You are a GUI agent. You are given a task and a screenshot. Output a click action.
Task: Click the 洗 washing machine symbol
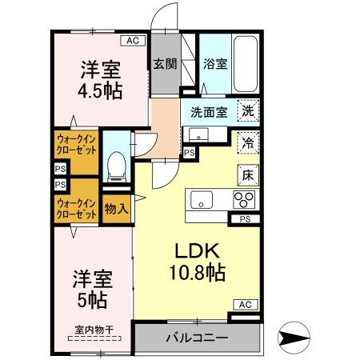coord(249,113)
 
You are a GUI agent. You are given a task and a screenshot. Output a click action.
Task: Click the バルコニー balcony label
coord(196,338)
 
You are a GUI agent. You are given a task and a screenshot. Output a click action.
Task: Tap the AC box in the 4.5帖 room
coord(132,39)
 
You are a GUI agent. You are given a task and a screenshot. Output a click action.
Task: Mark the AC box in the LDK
coord(244,304)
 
